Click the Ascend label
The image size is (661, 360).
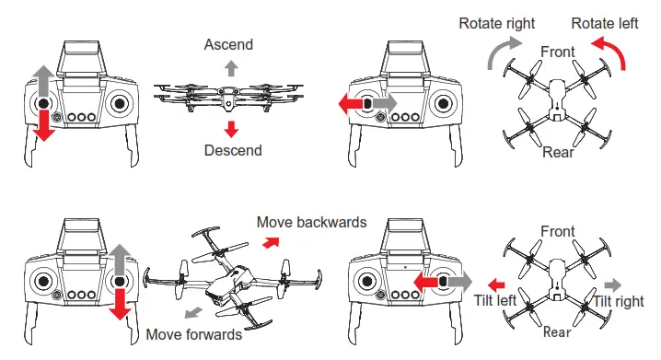coord(228,44)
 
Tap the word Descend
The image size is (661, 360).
coord(232,150)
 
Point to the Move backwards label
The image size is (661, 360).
coord(311,222)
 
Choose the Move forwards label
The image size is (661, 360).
coord(193,333)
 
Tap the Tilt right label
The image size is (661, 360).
coord(618,301)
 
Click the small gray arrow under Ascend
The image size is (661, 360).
coord(231,66)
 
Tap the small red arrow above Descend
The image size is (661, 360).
coord(231,128)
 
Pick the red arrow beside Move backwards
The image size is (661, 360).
coord(269,241)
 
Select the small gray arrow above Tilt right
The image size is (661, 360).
coord(614,283)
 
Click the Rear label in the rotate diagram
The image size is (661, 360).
coord(558,152)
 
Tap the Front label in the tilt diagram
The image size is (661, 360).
coord(558,232)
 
